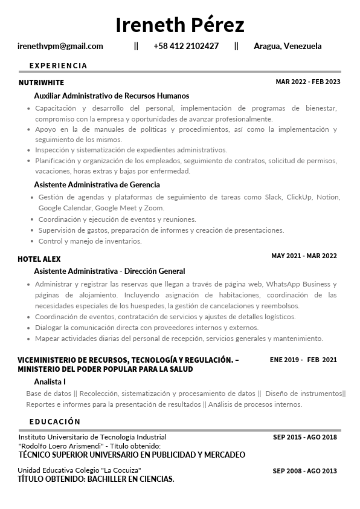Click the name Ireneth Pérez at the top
coord(180,25)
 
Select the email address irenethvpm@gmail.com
coord(60,46)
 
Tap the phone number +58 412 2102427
coord(186,46)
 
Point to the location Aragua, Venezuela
coord(288,46)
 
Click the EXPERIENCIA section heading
coord(58,65)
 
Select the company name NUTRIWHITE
coord(41,82)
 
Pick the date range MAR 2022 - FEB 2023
coord(308,82)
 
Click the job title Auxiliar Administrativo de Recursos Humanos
coord(112,96)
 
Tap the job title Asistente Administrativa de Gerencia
coord(97,184)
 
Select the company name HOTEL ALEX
coord(39,259)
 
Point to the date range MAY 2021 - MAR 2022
coord(304,256)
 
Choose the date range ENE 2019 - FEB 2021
coord(303,360)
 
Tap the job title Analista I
coord(50,381)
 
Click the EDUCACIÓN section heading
coord(55,421)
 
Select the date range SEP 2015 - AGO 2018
coord(305,437)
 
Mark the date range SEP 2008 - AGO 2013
coord(305,471)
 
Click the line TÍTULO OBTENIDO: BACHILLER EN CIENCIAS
coord(96,479)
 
